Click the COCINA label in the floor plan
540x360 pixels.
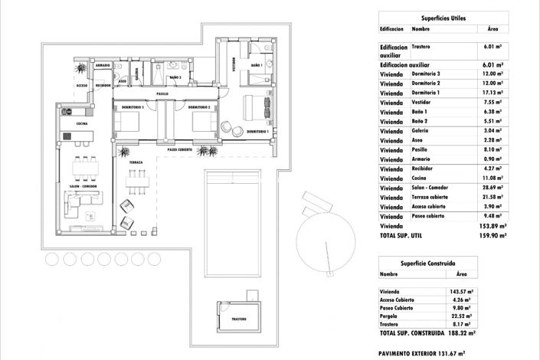click(70, 123)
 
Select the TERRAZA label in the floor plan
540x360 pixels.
click(135, 163)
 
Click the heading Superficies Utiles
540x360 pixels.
click(443, 17)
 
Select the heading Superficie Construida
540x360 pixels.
click(429, 260)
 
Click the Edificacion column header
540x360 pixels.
click(391, 28)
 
